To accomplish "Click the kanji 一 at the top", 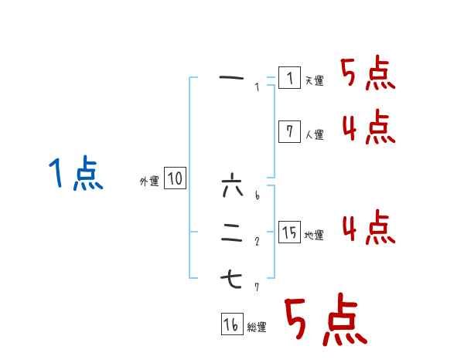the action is (x=232, y=77).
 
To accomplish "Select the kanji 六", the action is (x=232, y=186).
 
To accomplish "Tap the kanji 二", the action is (x=232, y=232).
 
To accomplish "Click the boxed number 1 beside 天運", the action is (x=288, y=78).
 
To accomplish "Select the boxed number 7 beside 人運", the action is (x=288, y=132).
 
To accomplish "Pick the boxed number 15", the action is (x=288, y=232).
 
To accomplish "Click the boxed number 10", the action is (x=175, y=179).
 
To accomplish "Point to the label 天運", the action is (x=314, y=80).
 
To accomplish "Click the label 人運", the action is (x=314, y=134).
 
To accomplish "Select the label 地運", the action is (x=314, y=235).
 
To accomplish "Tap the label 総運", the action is (x=257, y=327).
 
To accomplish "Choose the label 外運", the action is (x=149, y=181).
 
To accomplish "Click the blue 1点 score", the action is (x=75, y=173).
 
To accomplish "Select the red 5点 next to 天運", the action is (x=368, y=73).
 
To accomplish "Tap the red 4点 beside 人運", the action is (x=368, y=127).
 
